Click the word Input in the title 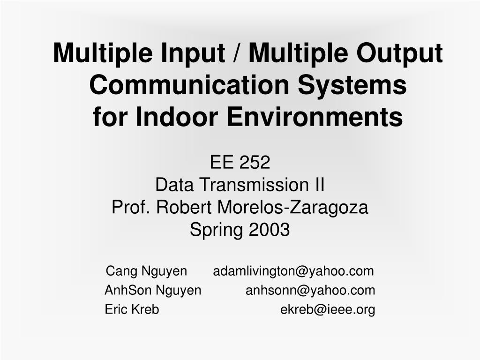[x=191, y=53]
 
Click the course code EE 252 [x=240, y=163]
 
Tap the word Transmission [x=252, y=185]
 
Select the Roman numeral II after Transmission [x=319, y=185]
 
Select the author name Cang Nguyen [x=146, y=271]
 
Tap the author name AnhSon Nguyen [x=153, y=291]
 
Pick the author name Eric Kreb [x=132, y=310]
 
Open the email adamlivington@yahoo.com [x=294, y=271]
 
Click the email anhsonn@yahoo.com [x=310, y=291]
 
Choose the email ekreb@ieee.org [x=328, y=310]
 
